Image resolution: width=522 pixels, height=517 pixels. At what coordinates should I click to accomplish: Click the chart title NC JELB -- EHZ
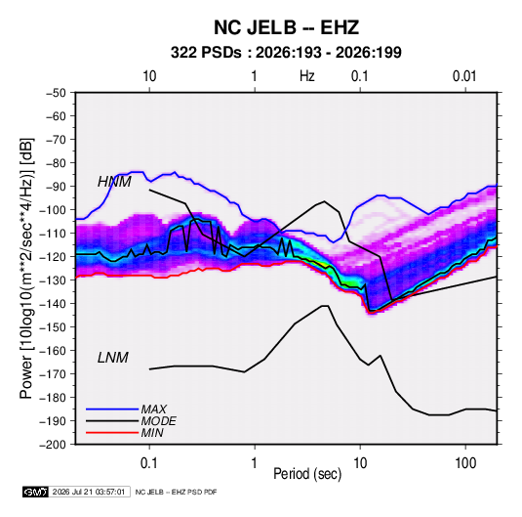tap(286, 27)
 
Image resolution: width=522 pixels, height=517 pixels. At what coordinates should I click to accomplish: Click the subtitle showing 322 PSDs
tap(286, 53)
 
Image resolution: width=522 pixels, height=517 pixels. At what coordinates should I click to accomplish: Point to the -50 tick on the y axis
tap(56, 93)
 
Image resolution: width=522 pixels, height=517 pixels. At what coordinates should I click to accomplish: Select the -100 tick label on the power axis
tap(53, 210)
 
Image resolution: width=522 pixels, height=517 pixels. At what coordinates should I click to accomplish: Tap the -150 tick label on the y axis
tap(53, 327)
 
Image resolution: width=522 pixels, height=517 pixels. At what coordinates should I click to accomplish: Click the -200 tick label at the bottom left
tap(53, 445)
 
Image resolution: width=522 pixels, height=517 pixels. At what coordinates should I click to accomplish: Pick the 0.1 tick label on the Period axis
tap(149, 463)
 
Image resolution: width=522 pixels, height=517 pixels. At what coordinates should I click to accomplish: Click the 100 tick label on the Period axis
tap(465, 463)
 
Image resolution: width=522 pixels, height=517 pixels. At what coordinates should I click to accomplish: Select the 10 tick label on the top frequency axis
tap(149, 76)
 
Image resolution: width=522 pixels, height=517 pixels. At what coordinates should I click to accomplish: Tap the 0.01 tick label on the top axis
tap(464, 76)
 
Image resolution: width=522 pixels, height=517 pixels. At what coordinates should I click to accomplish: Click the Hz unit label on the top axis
tap(307, 76)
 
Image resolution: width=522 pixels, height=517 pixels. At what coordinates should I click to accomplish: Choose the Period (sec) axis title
tap(307, 474)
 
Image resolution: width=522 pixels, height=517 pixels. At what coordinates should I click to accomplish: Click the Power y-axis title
tap(26, 269)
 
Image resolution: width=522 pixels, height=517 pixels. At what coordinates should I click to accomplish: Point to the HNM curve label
tap(114, 182)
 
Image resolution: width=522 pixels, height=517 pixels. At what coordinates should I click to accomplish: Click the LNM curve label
tap(113, 358)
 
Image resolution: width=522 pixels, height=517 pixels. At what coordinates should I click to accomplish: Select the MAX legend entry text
tap(154, 409)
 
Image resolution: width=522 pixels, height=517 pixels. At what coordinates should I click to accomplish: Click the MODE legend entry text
tap(158, 421)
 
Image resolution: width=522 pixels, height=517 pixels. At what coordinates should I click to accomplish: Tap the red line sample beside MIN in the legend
tap(112, 433)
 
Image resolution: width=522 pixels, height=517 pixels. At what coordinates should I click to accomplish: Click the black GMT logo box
tap(35, 492)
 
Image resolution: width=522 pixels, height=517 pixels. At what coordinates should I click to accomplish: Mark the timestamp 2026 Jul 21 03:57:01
tap(89, 492)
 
